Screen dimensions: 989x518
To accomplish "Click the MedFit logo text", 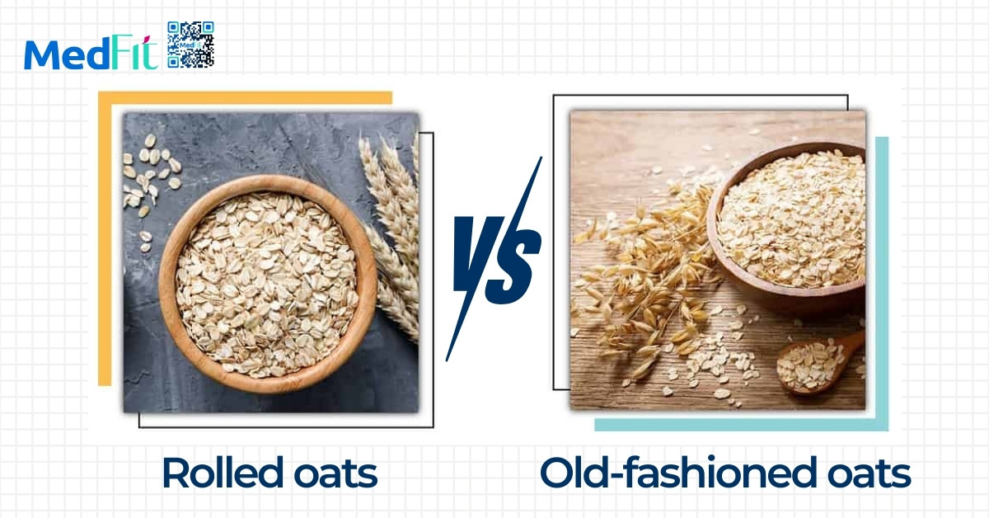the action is [x=91, y=53].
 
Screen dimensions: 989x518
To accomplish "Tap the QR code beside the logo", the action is [x=190, y=45].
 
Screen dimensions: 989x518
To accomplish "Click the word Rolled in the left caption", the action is [x=223, y=473].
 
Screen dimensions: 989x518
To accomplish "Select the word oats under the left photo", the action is [x=335, y=473].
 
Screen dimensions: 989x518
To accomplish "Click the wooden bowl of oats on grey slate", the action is [x=268, y=283].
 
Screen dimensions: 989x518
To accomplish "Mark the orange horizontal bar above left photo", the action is [x=245, y=97].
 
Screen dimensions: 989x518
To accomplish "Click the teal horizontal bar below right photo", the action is [x=741, y=424].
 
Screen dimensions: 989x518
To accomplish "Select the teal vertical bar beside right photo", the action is [x=882, y=283].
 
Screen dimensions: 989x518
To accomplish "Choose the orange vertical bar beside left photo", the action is [x=105, y=238].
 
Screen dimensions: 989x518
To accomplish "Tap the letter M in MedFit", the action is [x=43, y=54].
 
